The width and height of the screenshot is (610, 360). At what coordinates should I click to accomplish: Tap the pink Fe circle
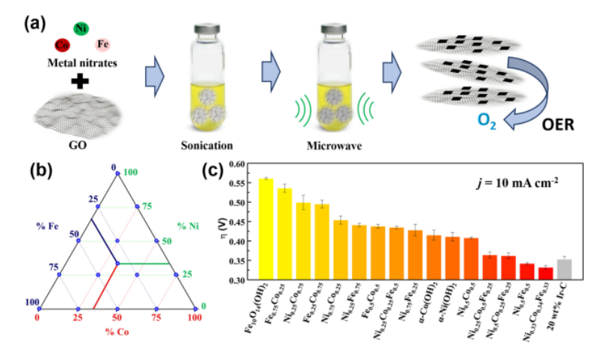point(103,45)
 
